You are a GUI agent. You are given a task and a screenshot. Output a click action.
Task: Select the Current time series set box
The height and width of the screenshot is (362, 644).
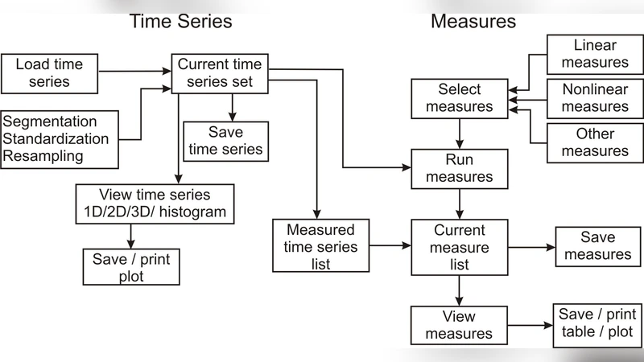pyautogui.click(x=220, y=72)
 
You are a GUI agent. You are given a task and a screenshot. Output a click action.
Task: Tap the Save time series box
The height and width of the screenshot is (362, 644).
pyautogui.click(x=225, y=141)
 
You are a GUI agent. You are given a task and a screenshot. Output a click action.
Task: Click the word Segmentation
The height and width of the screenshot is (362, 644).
pyautogui.click(x=50, y=121)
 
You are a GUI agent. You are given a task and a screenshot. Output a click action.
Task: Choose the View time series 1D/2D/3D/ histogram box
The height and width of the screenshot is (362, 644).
pyautogui.click(x=155, y=204)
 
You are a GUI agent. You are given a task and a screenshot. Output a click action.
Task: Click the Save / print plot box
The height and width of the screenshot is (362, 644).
pyautogui.click(x=131, y=266)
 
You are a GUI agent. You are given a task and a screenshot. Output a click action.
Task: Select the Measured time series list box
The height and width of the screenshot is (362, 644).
pyautogui.click(x=320, y=245)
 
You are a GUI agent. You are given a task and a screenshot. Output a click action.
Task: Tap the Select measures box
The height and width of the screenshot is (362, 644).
pyautogui.click(x=460, y=97)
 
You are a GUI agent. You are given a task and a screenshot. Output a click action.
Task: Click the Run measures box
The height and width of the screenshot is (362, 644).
pyautogui.click(x=459, y=168)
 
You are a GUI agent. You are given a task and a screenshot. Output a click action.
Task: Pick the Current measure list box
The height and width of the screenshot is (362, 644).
pyautogui.click(x=459, y=247)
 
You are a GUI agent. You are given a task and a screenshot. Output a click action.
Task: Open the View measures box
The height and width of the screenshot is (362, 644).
pyautogui.click(x=459, y=325)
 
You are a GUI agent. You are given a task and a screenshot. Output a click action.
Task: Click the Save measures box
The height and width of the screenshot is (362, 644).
pyautogui.click(x=597, y=246)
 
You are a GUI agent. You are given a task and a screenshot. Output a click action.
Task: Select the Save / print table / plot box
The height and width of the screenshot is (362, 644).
pyautogui.click(x=597, y=323)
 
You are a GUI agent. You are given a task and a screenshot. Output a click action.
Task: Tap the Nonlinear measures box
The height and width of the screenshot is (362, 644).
pyautogui.click(x=595, y=97)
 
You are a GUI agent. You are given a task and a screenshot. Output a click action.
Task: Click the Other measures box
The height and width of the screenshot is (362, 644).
pyautogui.click(x=595, y=142)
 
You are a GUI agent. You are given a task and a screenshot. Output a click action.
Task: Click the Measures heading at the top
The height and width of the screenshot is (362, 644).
pyautogui.click(x=473, y=21)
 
